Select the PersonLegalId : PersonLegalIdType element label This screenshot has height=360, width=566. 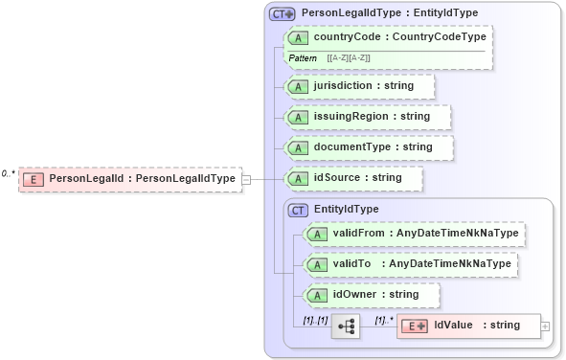click(142, 179)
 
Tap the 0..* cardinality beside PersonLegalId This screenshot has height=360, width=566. click(9, 173)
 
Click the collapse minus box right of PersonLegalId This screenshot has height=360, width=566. click(246, 179)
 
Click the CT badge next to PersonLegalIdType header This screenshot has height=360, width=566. click(283, 13)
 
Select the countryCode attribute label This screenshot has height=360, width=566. click(399, 36)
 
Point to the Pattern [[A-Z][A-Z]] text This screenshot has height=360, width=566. click(330, 58)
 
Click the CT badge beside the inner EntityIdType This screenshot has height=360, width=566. click(298, 209)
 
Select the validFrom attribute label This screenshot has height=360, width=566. click(425, 234)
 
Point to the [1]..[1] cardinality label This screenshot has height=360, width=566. click(315, 320)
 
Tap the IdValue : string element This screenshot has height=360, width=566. click(476, 326)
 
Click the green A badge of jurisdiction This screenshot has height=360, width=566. click(298, 86)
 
